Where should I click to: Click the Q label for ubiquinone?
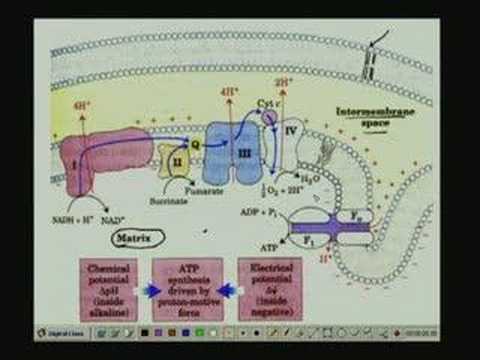click(x=196, y=143)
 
